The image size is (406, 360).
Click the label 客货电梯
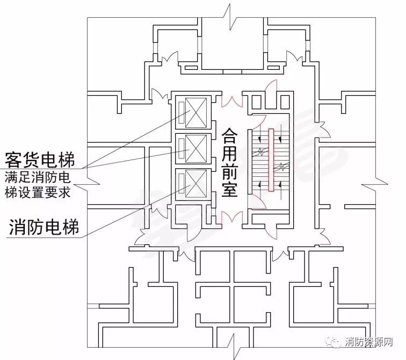point(40,160)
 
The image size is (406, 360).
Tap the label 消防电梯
point(44,227)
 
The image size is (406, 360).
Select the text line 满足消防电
point(38,177)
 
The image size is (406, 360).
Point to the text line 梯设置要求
point(38,192)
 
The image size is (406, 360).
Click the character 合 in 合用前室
point(229,136)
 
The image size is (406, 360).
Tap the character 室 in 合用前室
point(229,189)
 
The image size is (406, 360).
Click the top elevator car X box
point(196,113)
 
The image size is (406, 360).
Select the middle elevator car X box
point(196,149)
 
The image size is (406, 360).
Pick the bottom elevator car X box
point(196,184)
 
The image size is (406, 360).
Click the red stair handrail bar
point(271,160)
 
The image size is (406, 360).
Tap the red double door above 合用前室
point(232,102)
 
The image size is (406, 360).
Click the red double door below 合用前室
point(232,217)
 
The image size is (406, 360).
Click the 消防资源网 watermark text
point(369,342)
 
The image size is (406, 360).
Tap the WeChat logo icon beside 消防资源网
point(334,342)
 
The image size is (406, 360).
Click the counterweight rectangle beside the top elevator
point(182,113)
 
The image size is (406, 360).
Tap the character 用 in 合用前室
point(229,154)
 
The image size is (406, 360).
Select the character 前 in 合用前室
point(229,171)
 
